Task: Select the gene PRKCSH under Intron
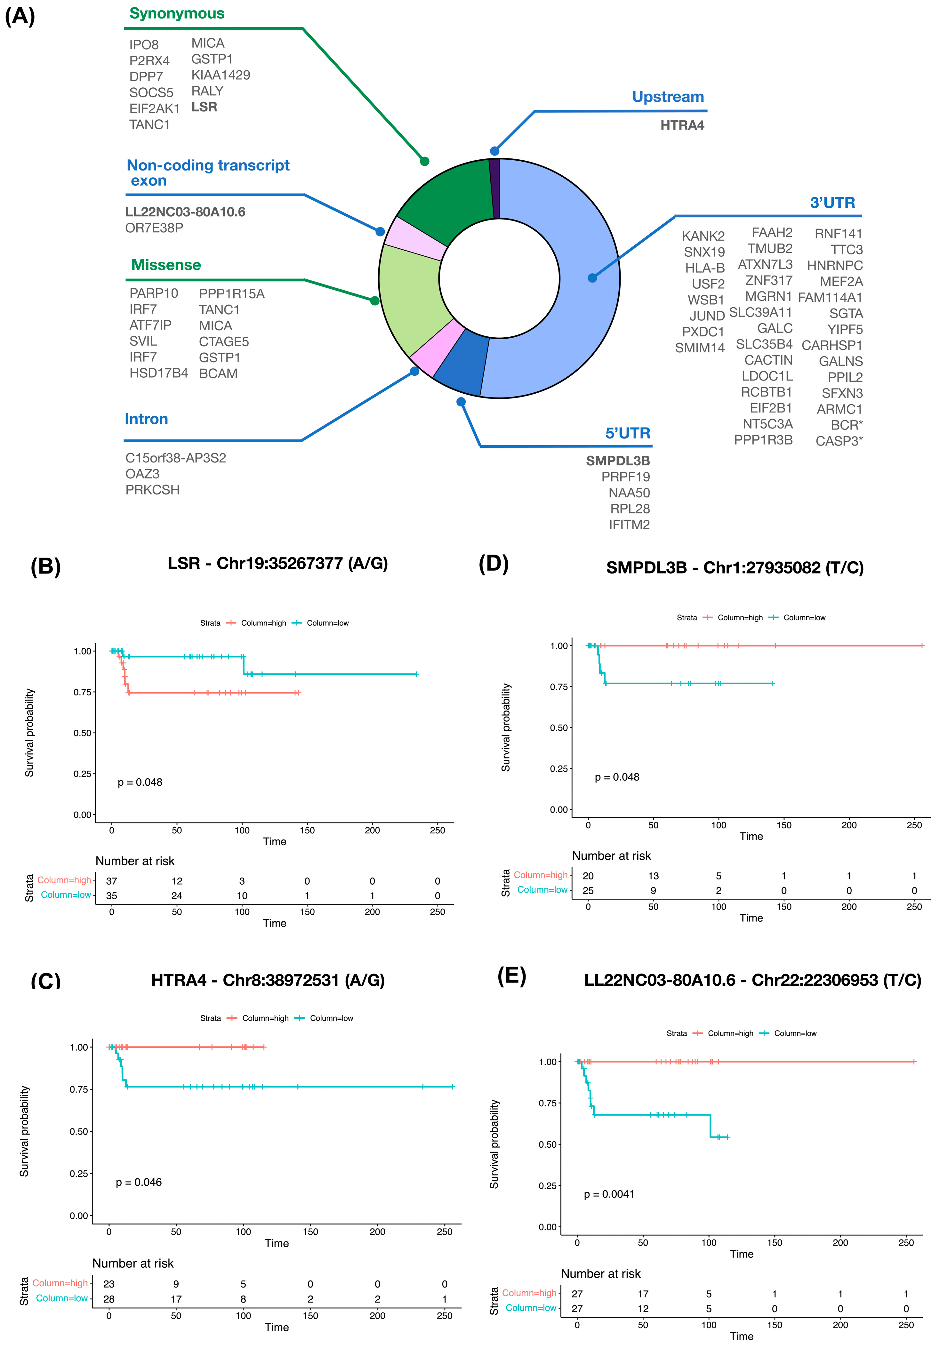point(152,490)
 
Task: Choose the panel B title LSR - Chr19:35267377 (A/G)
point(277,563)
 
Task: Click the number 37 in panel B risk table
point(111,881)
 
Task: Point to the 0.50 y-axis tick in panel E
point(547,1144)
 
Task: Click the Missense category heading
point(166,265)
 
